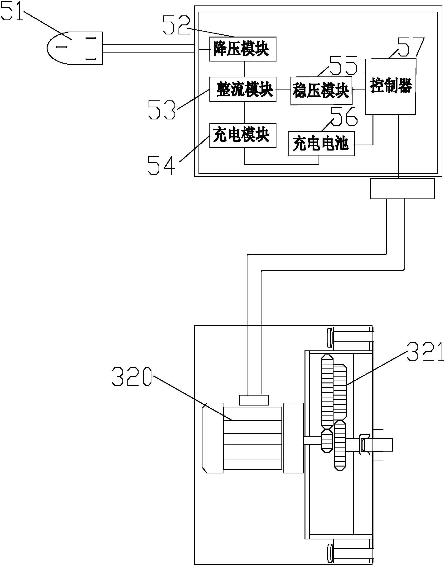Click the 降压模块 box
[x=242, y=49]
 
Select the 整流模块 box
[x=242, y=89]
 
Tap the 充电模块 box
[x=242, y=135]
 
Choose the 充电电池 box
[x=321, y=144]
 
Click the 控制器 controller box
[x=390, y=86]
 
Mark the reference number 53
[x=162, y=110]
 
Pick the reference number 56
[x=344, y=116]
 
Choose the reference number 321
[x=425, y=352]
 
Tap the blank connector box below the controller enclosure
[x=402, y=189]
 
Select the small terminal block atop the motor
[x=253, y=400]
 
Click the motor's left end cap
[x=213, y=438]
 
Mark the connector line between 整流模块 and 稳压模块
[x=283, y=89]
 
